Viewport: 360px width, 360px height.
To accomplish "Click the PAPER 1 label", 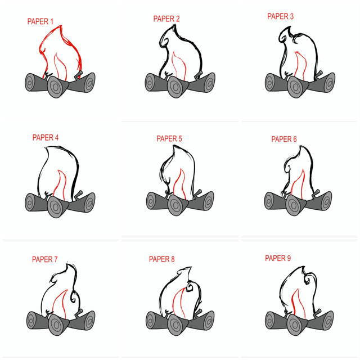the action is coord(40,21).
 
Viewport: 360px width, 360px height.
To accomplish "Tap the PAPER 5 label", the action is coord(169,138).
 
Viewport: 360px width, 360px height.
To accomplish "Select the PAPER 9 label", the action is coord(278,258).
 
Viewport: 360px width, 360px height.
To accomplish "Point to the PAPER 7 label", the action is coord(45,259).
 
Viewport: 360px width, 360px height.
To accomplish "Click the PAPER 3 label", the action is coord(280,16).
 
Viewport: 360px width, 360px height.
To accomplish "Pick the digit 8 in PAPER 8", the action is coord(173,259).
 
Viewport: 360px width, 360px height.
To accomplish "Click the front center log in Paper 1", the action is coord(57,85).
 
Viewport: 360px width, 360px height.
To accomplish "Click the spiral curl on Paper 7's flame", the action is coord(75,296).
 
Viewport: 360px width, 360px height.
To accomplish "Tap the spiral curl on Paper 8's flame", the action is coord(190,287).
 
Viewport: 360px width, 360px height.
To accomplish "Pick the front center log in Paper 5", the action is coord(178,205).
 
